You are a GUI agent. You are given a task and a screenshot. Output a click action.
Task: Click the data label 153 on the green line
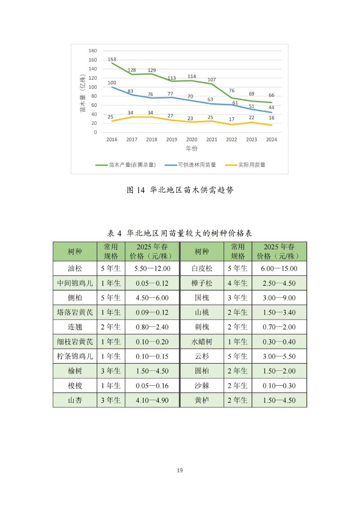(x=112, y=59)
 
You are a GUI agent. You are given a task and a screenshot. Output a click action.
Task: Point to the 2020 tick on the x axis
(x=192, y=140)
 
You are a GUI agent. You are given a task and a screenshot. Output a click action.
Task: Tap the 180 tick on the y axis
(x=93, y=50)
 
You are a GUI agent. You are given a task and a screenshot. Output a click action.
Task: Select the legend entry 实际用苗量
(x=252, y=165)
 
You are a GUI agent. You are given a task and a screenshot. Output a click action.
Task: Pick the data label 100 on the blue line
(x=112, y=83)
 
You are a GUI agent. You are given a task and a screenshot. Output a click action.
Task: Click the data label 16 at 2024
(x=271, y=118)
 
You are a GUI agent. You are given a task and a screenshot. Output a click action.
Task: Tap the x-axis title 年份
(x=192, y=148)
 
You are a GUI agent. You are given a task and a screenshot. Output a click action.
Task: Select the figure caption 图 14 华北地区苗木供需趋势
(x=180, y=190)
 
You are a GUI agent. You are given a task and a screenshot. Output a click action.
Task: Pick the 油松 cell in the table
(x=75, y=269)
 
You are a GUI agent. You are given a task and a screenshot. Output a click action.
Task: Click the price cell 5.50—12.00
(x=152, y=269)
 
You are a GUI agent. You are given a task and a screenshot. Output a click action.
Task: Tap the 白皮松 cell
(x=202, y=269)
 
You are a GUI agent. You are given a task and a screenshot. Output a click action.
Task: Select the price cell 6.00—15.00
(x=279, y=269)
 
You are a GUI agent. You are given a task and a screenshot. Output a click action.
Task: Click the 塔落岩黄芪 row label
(x=75, y=312)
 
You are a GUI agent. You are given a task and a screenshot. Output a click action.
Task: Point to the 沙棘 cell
(x=202, y=386)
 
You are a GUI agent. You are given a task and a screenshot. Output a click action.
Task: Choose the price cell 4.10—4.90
(x=152, y=400)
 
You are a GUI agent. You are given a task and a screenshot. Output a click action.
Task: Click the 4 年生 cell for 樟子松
(x=238, y=283)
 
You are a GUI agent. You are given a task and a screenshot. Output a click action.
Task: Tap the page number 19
(x=180, y=470)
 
